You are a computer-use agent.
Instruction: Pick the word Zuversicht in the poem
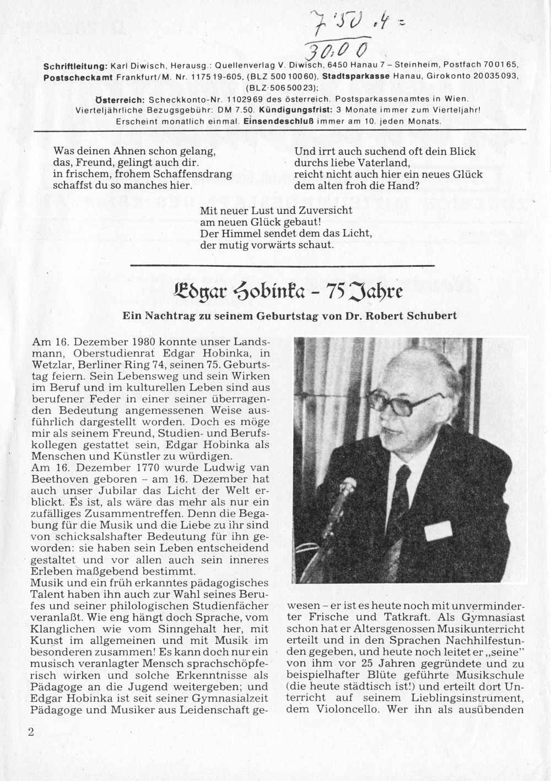326,210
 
